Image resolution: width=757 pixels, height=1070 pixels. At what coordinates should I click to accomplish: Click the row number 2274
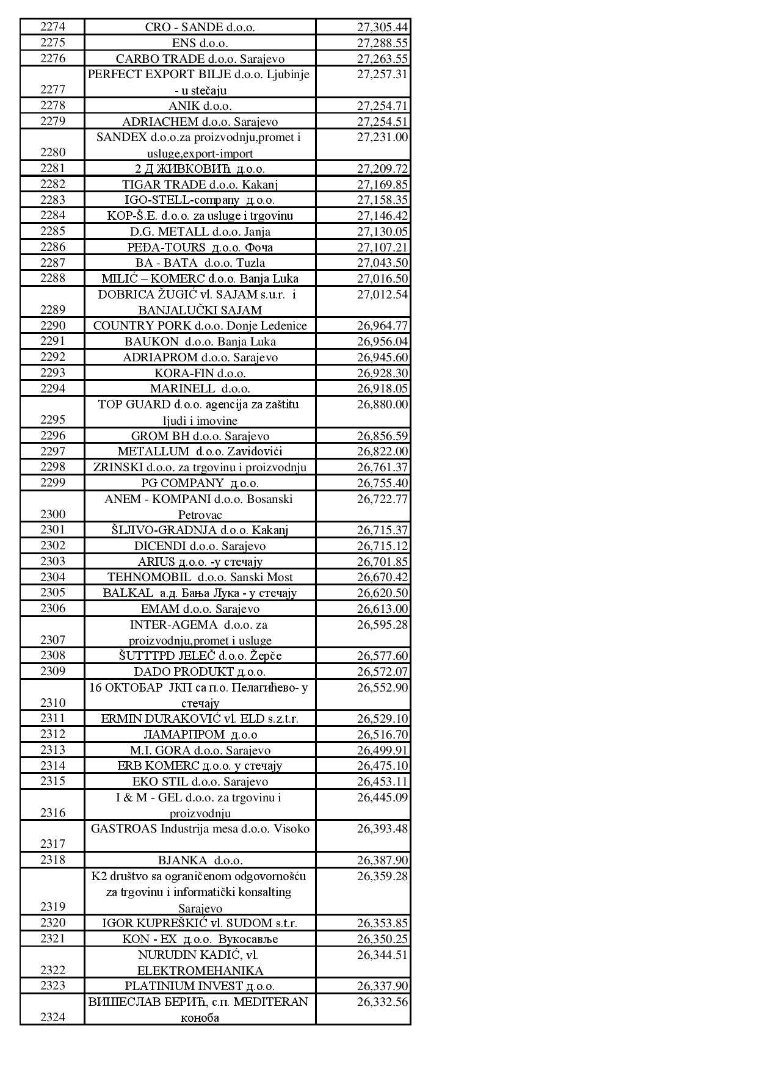[53, 27]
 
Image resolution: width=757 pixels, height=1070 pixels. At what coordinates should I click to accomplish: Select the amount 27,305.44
[382, 27]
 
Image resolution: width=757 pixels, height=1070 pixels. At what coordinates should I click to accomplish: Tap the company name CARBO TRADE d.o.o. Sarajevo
[200, 59]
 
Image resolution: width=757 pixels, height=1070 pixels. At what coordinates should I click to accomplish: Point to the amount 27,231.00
[382, 137]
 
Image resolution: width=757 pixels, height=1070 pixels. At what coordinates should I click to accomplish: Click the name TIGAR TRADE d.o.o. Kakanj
[200, 184]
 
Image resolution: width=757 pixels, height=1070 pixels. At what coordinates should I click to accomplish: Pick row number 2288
[53, 278]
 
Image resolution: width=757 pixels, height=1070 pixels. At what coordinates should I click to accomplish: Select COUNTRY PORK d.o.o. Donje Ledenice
[200, 326]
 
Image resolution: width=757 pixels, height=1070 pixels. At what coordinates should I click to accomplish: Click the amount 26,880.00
[382, 405]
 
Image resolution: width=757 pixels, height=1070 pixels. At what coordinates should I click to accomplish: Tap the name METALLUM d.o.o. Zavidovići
[200, 452]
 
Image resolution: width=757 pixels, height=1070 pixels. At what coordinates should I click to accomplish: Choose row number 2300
[53, 514]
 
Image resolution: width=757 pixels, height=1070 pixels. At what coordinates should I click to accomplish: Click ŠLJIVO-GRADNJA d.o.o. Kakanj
[200, 530]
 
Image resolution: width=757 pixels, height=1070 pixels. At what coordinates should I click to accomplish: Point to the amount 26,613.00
[382, 609]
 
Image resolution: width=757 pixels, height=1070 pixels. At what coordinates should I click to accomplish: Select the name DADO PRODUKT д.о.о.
[200, 671]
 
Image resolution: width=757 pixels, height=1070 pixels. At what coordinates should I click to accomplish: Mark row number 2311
[53, 718]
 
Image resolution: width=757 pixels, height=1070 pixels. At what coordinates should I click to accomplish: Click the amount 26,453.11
[382, 782]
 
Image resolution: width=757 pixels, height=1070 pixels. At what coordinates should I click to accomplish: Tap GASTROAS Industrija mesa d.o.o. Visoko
[200, 829]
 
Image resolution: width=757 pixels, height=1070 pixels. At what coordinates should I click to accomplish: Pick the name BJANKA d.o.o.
[200, 861]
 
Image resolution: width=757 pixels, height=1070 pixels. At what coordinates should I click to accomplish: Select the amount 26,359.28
[382, 877]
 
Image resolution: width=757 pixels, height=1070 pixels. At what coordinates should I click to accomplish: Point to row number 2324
[53, 1017]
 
